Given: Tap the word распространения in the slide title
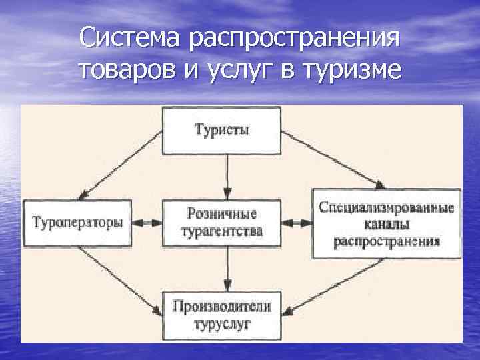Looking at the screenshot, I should click(x=295, y=38).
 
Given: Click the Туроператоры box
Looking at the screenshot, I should click(x=78, y=223).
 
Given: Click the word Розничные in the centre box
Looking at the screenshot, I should click(x=222, y=214).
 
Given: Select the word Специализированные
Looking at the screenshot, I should click(x=386, y=208).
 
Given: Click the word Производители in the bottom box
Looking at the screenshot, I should click(x=222, y=307).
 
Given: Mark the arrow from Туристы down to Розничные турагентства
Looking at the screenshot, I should click(x=227, y=177).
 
